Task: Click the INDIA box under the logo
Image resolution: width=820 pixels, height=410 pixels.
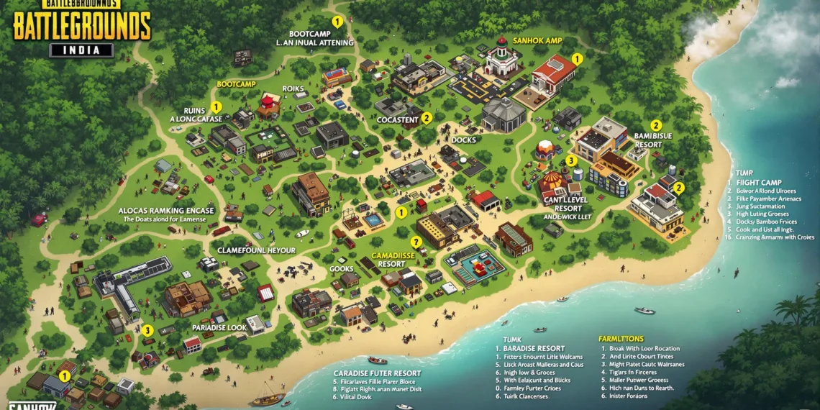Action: [81, 50]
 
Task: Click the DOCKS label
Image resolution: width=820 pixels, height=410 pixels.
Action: [464, 140]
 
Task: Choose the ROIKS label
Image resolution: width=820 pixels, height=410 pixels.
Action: [293, 89]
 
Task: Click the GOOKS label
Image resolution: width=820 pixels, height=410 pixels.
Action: [341, 268]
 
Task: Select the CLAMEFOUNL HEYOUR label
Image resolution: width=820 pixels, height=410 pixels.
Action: [256, 250]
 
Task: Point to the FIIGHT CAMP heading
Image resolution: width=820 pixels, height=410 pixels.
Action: [759, 183]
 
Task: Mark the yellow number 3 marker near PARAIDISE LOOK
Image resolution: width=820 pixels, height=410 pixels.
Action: [147, 330]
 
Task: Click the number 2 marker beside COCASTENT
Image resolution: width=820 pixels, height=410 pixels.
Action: [426, 118]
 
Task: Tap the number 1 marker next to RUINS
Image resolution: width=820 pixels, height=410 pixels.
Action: [216, 107]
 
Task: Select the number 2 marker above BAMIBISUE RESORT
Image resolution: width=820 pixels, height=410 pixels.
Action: [655, 125]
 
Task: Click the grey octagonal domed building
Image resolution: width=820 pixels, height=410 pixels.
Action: [504, 114]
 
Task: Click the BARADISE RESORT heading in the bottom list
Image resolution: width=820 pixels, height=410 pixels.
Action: [534, 348]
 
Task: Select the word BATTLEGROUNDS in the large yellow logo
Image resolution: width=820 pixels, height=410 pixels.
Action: [82, 26]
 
